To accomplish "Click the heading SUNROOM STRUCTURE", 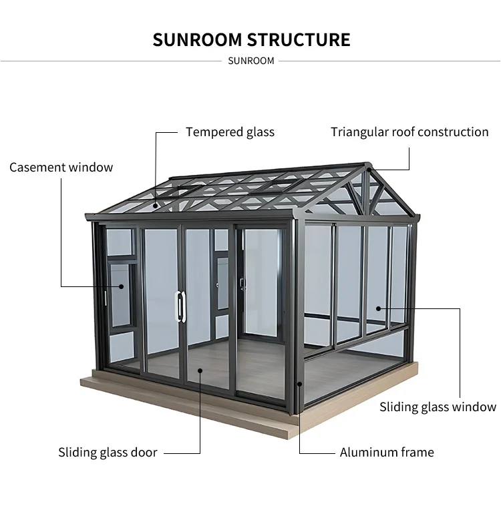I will click(251, 39).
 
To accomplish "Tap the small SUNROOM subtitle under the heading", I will click(251, 61).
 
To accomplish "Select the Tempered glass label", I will click(230, 132).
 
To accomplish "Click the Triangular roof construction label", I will click(409, 132).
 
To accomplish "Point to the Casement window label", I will click(61, 167).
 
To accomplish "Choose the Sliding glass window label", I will click(438, 407).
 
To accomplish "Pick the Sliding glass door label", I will click(108, 453).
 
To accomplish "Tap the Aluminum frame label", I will click(387, 453).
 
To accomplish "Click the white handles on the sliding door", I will click(180, 306).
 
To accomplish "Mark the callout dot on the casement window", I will click(122, 286).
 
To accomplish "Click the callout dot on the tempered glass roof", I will click(156, 205).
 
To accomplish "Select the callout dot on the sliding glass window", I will click(378, 308).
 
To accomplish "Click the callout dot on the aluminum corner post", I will click(299, 384).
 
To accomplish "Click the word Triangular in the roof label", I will click(361, 132).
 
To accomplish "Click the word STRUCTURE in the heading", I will click(299, 39).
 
